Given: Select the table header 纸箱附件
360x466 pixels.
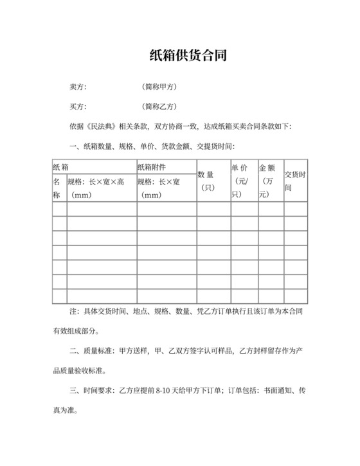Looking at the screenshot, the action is (152, 166).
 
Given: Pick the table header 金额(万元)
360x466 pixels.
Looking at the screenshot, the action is (269, 181).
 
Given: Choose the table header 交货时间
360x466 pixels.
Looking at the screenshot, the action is (295, 181).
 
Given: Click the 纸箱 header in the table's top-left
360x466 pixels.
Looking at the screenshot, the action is (61, 166).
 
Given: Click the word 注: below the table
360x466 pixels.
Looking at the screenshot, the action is (75, 312).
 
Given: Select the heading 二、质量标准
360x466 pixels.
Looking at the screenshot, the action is (92, 351).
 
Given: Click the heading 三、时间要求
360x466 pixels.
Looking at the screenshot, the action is (92, 390).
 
